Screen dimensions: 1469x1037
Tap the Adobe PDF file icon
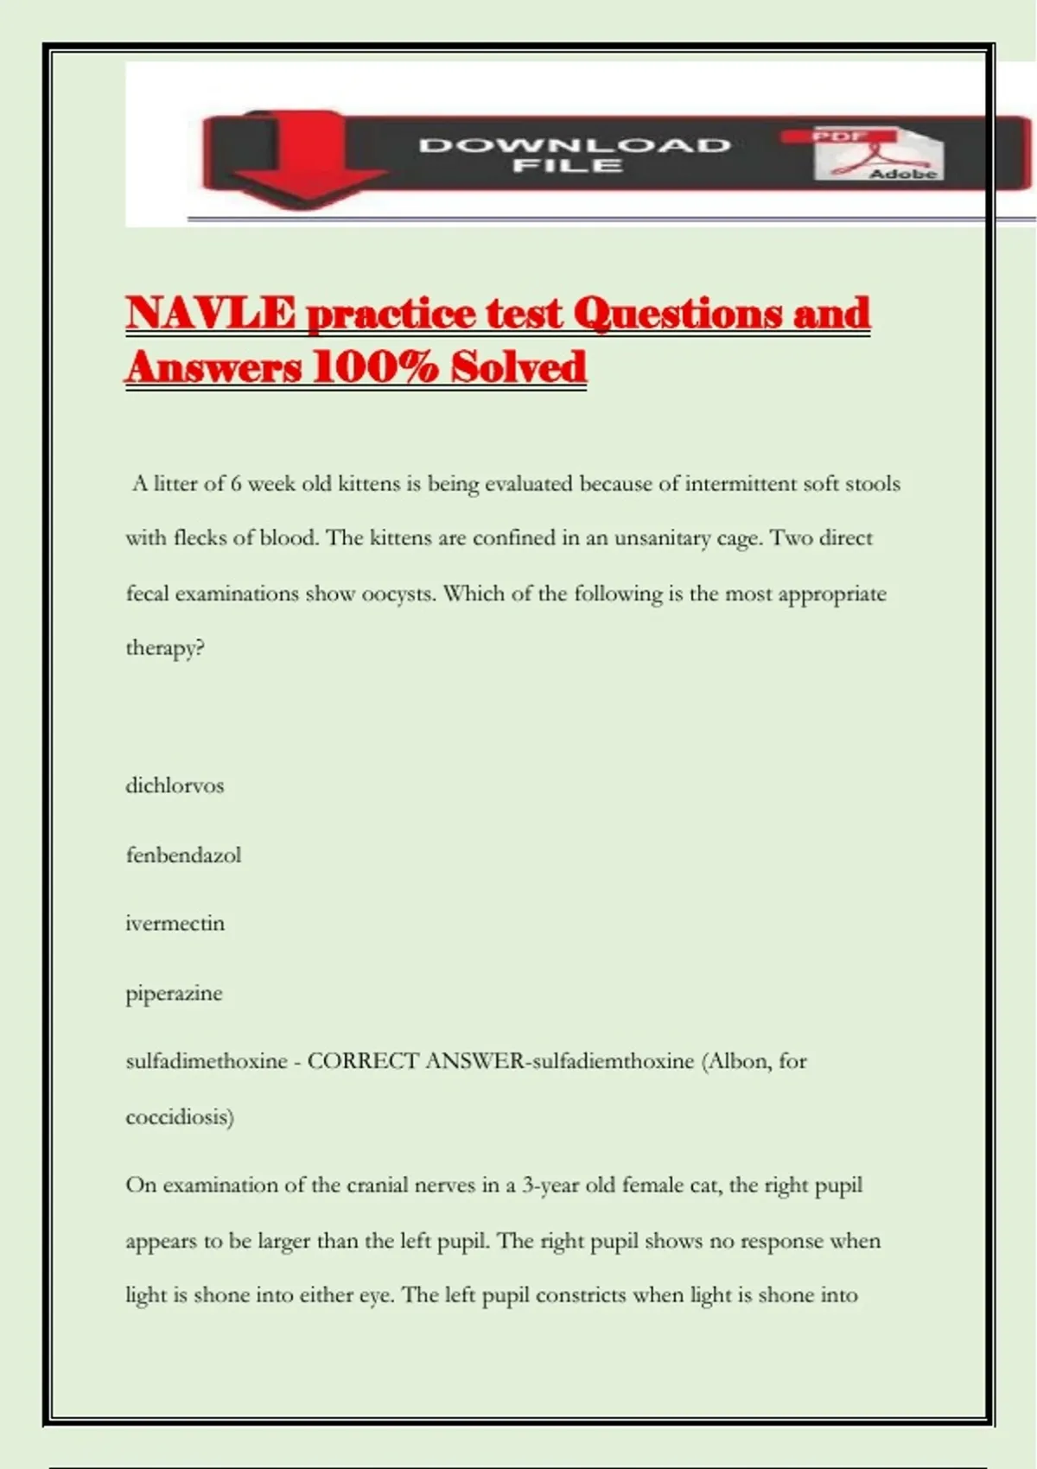(x=879, y=154)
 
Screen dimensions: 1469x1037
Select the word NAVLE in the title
(x=211, y=313)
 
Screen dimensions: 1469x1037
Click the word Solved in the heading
(x=518, y=367)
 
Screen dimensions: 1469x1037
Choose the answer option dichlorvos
(x=175, y=785)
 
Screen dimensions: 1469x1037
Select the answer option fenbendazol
(x=183, y=855)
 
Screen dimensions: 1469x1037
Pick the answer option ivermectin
(x=175, y=923)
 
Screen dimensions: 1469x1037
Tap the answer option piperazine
(x=174, y=993)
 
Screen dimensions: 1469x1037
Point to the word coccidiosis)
(x=180, y=1116)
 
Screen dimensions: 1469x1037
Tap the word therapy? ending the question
(x=165, y=648)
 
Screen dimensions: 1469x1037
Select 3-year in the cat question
(x=550, y=1185)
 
